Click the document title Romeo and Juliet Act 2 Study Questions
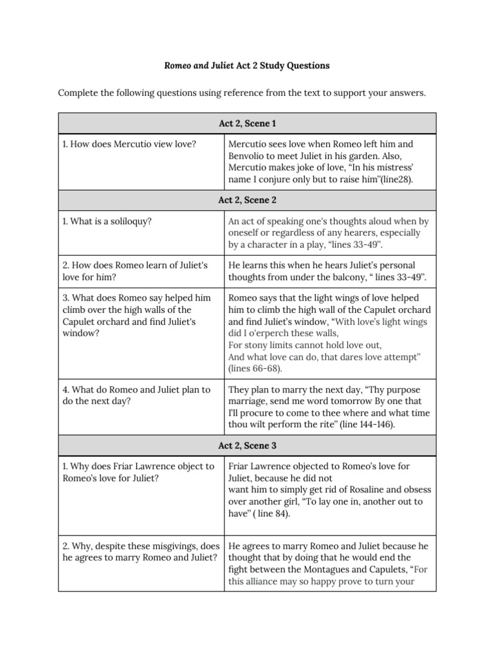[x=247, y=66]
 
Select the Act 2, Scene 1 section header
[x=247, y=123]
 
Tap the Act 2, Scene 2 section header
[x=247, y=200]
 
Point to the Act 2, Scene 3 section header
[x=247, y=445]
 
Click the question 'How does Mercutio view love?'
[x=129, y=144]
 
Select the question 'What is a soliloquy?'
[x=107, y=221]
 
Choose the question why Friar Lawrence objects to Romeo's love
[x=138, y=472]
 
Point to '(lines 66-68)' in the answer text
[x=255, y=369]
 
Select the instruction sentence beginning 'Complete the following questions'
[x=242, y=93]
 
